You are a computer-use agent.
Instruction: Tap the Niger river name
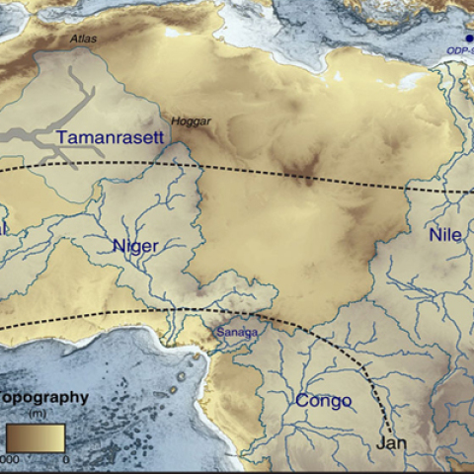tap(134, 246)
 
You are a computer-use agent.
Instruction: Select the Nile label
tap(445, 234)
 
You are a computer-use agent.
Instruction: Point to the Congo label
tap(323, 401)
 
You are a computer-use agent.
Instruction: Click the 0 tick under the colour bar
tap(65, 458)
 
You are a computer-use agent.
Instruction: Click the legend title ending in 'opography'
tap(44, 398)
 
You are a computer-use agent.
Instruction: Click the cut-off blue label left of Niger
tap(4, 228)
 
